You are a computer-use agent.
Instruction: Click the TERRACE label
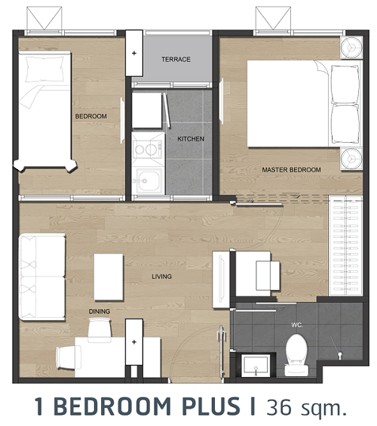[x=176, y=59]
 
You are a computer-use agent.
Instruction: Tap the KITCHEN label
[x=191, y=139]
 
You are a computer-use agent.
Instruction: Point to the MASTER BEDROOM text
[x=291, y=170]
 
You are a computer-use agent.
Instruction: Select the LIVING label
[x=161, y=276]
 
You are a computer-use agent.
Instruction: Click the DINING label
[x=100, y=311]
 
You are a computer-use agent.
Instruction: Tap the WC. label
[x=297, y=325]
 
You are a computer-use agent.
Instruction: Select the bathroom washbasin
[x=256, y=366]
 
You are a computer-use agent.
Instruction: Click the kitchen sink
[x=148, y=180]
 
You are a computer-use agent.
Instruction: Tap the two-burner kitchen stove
[x=148, y=149]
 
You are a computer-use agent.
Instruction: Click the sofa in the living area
[x=41, y=276]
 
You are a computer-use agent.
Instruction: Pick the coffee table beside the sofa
[x=109, y=277]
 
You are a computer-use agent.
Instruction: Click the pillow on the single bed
[x=44, y=69]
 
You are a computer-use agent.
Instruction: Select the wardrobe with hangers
[x=345, y=246]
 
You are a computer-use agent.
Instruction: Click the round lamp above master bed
[x=351, y=48]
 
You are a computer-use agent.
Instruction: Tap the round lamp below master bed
[x=351, y=159]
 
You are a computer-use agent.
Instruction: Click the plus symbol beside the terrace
[x=134, y=53]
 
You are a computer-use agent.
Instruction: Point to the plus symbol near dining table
[x=134, y=341]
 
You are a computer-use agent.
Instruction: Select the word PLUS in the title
[x=211, y=406]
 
